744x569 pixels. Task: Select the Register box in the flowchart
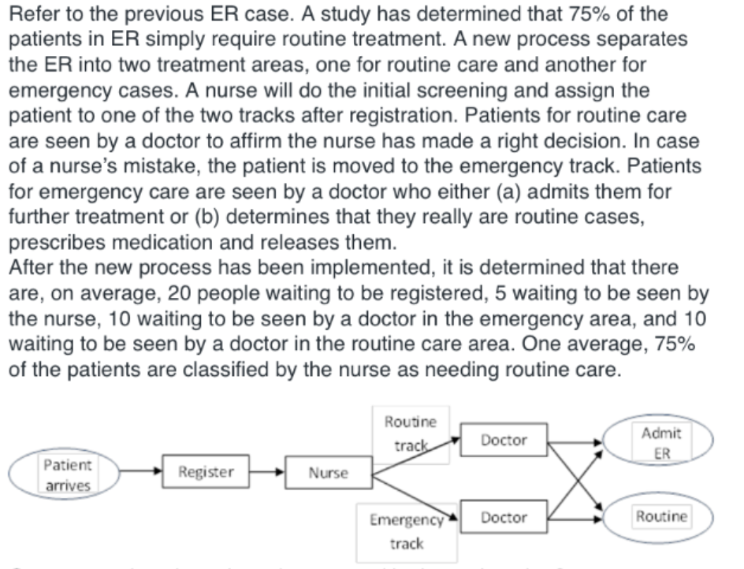[x=206, y=472]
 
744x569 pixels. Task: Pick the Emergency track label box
[x=407, y=531]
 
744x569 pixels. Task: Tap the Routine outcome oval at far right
[x=660, y=517]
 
